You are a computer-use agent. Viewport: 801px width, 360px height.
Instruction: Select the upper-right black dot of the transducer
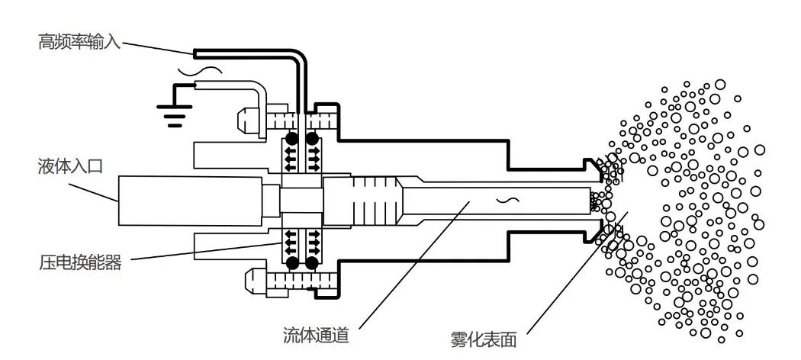pyautogui.click(x=312, y=140)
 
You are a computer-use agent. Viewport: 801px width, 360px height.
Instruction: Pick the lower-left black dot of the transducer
pyautogui.click(x=292, y=264)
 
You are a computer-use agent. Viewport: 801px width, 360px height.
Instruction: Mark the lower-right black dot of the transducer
pyautogui.click(x=312, y=264)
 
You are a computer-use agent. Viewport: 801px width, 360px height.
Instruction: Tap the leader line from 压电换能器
pyautogui.click(x=206, y=251)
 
